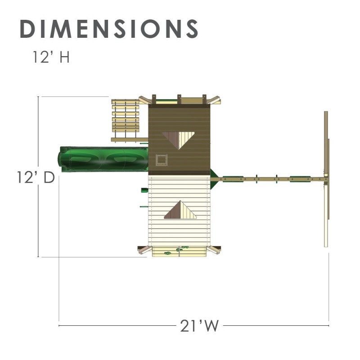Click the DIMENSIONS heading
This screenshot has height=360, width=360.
click(109, 29)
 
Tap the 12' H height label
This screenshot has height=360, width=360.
click(51, 57)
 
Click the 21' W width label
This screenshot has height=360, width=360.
click(199, 325)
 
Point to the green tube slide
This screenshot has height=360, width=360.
click(103, 159)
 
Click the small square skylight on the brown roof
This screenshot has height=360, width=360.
click(162, 160)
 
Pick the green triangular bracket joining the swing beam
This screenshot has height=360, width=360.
click(213, 179)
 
